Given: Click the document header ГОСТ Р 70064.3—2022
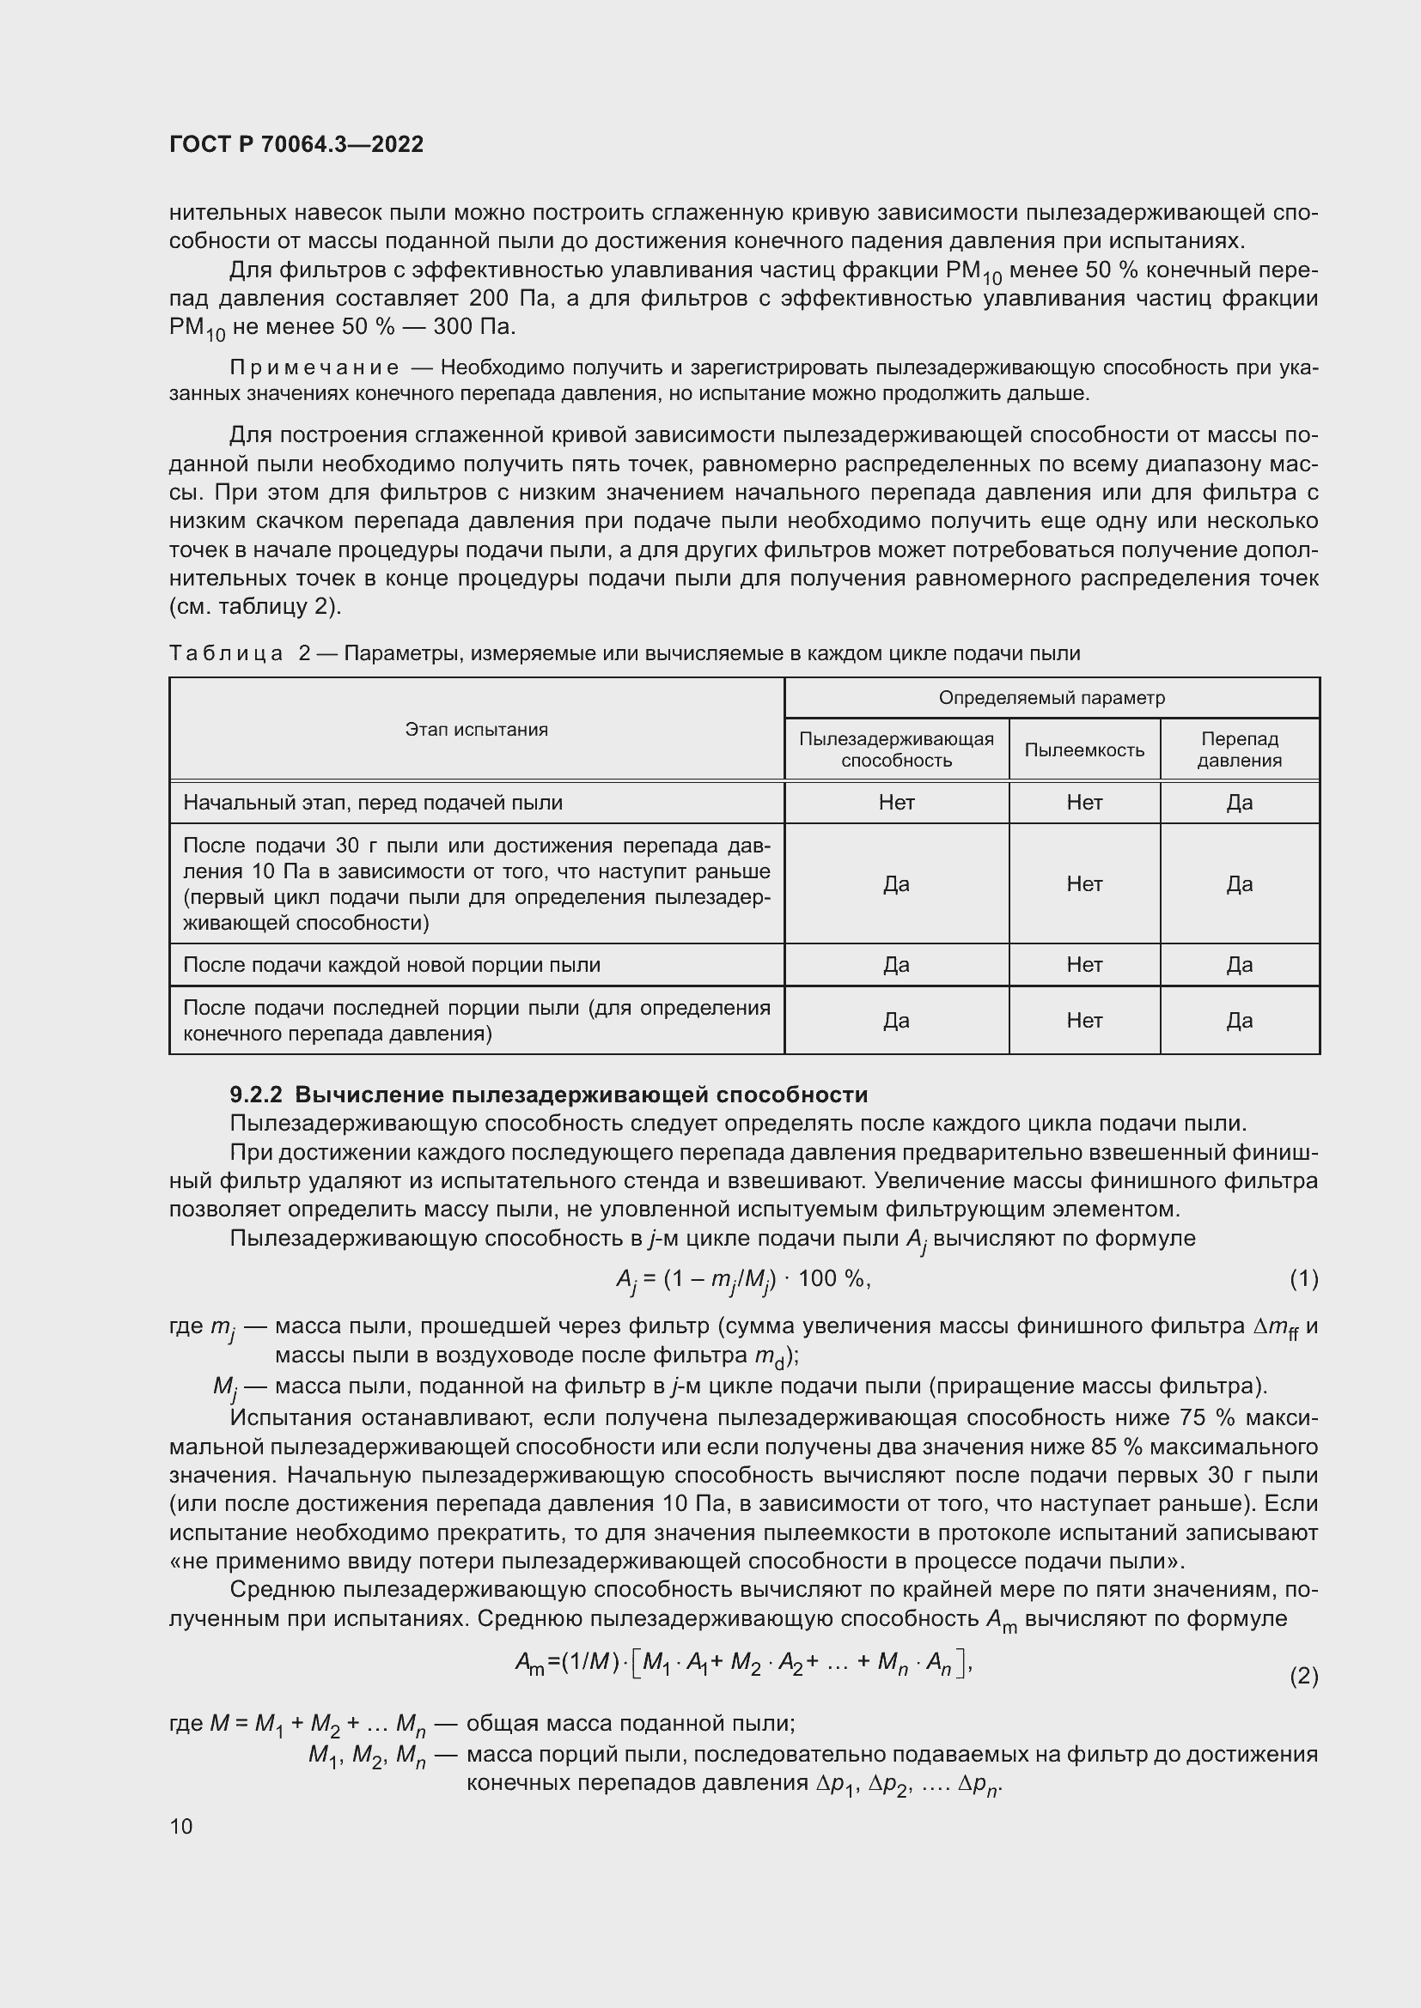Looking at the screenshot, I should click(x=296, y=144).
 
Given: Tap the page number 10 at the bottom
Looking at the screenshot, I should click(x=181, y=1826).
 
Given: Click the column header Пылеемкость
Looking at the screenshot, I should click(x=1084, y=749).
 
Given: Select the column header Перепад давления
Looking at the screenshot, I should click(x=1239, y=749).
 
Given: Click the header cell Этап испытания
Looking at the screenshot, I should click(x=476, y=730).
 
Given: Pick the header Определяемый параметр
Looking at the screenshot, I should click(x=1052, y=698).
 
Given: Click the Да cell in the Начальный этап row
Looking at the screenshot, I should click(x=1239, y=803).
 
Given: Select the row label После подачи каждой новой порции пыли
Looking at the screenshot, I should click(x=391, y=965).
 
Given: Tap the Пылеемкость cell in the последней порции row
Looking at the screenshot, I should click(x=1084, y=1021).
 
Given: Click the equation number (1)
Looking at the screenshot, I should click(x=1303, y=1279).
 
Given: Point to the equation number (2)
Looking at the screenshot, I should click(x=1303, y=1676).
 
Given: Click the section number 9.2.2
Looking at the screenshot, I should click(x=255, y=1095).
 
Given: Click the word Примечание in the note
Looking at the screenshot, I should click(x=314, y=368).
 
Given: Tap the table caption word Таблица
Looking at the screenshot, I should click(x=226, y=653).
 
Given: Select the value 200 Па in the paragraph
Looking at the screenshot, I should click(x=508, y=298).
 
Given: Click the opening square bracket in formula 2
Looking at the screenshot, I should click(x=636, y=1662).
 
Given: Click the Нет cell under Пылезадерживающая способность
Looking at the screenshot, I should click(x=896, y=803).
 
